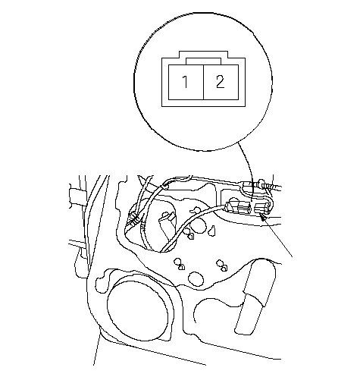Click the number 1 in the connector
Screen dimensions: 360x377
[185, 82]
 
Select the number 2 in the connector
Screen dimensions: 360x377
[221, 82]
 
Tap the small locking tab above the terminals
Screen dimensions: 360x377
[203, 61]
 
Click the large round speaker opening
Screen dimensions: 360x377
[138, 306]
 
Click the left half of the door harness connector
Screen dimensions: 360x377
[239, 206]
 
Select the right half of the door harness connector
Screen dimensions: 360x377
[262, 208]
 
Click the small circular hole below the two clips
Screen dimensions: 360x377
[196, 279]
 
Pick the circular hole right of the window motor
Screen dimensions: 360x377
[198, 225]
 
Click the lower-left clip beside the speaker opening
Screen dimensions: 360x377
[179, 264]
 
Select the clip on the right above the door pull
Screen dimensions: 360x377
[222, 265]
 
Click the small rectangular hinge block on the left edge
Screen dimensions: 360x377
[77, 196]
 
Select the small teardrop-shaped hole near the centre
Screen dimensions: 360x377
[212, 231]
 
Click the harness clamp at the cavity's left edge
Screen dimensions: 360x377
[133, 218]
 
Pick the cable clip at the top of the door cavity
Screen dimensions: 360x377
[164, 187]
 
